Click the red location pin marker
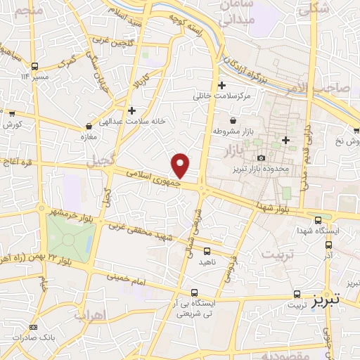coord(181,165)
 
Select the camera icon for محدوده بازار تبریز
coord(262,158)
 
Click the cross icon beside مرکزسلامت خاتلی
coord(221,85)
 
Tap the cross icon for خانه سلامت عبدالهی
coord(131,110)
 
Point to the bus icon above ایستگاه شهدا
coord(319,219)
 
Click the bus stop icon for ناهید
coord(207,250)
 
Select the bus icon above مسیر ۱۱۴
coord(35,65)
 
